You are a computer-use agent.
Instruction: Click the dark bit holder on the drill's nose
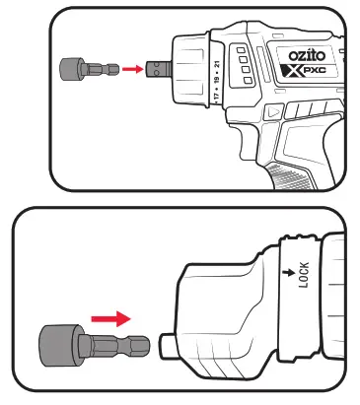click(154, 70)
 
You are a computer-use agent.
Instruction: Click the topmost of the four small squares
click(240, 46)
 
